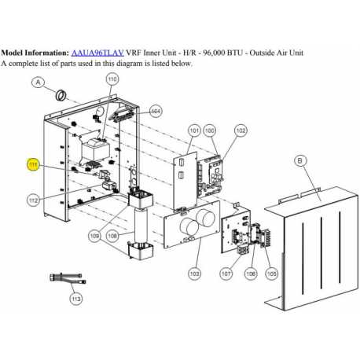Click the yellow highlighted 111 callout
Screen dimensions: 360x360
click(32, 164)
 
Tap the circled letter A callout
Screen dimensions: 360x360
click(38, 81)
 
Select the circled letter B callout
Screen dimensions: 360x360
click(299, 161)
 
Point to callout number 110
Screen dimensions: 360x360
click(112, 79)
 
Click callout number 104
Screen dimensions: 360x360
click(156, 111)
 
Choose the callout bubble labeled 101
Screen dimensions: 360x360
click(193, 129)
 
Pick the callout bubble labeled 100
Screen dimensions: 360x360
click(210, 129)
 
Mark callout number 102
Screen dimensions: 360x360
click(240, 129)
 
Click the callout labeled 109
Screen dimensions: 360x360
click(94, 236)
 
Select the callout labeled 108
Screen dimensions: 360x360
click(112, 236)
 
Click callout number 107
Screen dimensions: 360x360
click(226, 273)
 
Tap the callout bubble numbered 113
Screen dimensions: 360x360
click(75, 299)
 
